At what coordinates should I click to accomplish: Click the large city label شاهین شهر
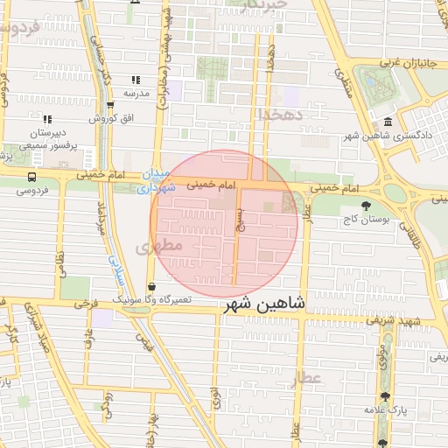[x=264, y=304]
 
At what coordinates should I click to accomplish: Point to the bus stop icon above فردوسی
[x=32, y=177]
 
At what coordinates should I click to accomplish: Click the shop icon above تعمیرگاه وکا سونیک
[x=152, y=286]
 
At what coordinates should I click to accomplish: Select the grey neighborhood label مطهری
[x=160, y=247]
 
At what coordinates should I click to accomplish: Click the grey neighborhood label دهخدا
[x=280, y=114]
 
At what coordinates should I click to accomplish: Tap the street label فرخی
[x=85, y=304]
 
